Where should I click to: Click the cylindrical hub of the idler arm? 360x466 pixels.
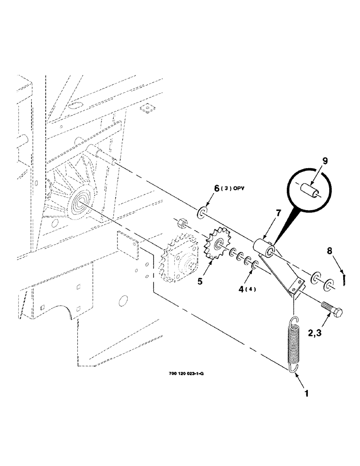pyautogui.click(x=263, y=248)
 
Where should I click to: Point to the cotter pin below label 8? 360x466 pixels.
pyautogui.click(x=343, y=278)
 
